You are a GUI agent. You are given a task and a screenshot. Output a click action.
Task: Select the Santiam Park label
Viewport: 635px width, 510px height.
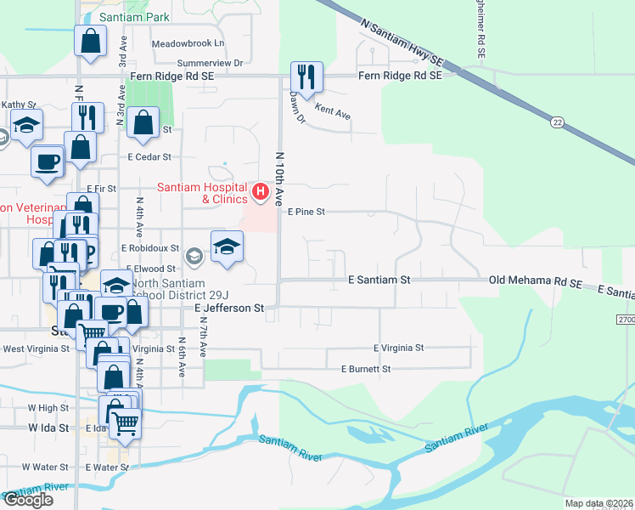pyautogui.click(x=134, y=17)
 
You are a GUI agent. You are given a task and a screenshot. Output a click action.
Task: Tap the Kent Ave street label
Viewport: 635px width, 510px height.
pyautogui.click(x=333, y=109)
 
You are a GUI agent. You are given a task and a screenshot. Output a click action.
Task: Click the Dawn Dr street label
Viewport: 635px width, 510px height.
pyautogui.click(x=298, y=108)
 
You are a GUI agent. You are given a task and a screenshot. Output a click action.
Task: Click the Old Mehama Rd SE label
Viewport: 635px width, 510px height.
pyautogui.click(x=535, y=280)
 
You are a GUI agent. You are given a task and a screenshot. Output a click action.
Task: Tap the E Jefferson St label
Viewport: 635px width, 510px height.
pyautogui.click(x=230, y=308)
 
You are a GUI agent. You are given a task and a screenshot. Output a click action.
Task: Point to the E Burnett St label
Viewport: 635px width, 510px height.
pyautogui.click(x=366, y=370)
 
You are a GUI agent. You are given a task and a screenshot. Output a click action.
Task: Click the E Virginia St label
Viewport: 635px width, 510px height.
pyautogui.click(x=399, y=348)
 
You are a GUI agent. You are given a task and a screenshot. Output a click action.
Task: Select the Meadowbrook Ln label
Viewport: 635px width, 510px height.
pyautogui.click(x=188, y=43)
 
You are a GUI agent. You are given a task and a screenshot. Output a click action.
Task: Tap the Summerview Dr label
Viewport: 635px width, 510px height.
pyautogui.click(x=210, y=63)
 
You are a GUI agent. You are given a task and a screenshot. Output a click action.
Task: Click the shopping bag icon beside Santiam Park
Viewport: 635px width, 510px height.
pyautogui.click(x=91, y=40)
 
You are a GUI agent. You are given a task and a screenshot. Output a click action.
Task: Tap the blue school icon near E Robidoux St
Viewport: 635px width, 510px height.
pyautogui.click(x=227, y=246)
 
